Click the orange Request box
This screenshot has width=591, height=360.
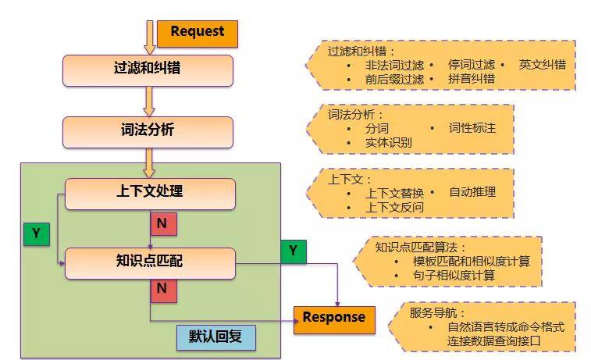pyautogui.click(x=198, y=33)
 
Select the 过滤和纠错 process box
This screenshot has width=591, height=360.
pyautogui.click(x=148, y=70)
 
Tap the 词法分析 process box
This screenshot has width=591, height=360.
pyautogui.click(x=148, y=132)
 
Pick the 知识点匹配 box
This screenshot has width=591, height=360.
pyautogui.click(x=149, y=263)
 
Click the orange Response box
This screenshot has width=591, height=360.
pyautogui.click(x=333, y=318)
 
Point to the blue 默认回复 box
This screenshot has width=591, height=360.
pyautogui.click(x=216, y=337)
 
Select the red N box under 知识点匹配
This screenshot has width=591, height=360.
pyautogui.click(x=162, y=290)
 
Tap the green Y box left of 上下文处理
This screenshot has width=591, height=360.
pyautogui.click(x=35, y=234)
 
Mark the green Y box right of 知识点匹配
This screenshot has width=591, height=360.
pyautogui.click(x=293, y=251)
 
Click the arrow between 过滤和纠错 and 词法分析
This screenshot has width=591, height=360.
pyautogui.click(x=149, y=102)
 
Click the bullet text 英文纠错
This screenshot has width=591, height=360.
pyautogui.click(x=542, y=65)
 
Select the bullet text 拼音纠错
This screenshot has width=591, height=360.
pyautogui.click(x=472, y=80)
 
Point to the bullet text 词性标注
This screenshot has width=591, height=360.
pyautogui.click(x=472, y=127)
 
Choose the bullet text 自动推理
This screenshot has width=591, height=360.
pyautogui.click(x=472, y=192)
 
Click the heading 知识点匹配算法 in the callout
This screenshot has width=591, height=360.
pyautogui.click(x=413, y=247)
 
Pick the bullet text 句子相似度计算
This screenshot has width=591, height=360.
pyautogui.click(x=455, y=276)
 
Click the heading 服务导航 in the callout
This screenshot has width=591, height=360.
pyautogui.click(x=434, y=312)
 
